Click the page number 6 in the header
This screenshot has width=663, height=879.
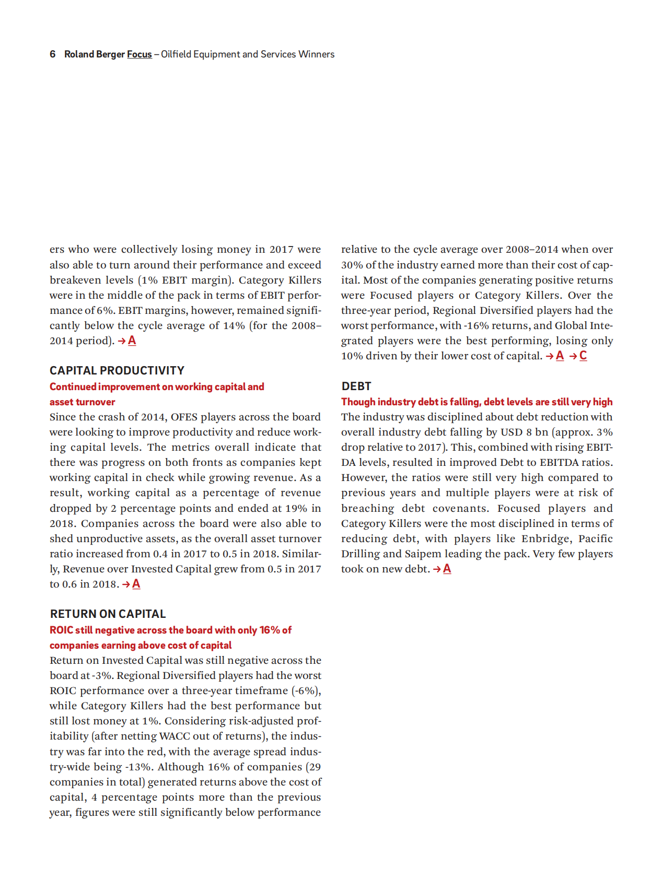52,54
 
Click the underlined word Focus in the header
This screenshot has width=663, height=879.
139,54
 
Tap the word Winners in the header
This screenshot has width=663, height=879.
316,54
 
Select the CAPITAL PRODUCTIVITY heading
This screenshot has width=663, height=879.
117,371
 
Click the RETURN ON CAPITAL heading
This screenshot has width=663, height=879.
108,614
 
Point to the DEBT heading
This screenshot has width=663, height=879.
356,386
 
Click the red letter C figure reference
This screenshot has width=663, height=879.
583,356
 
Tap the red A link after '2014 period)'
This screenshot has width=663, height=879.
132,341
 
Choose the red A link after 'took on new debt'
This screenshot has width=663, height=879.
447,569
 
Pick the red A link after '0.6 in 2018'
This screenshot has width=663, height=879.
136,584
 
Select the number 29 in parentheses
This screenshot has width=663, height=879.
315,767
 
